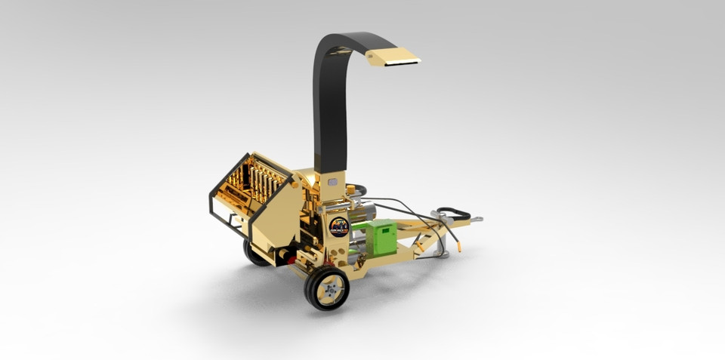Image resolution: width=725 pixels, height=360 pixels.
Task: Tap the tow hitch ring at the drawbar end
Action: pyautogui.click(x=477, y=220)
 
